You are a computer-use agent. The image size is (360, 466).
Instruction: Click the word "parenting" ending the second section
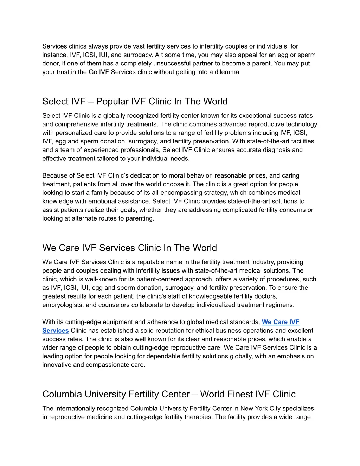140,218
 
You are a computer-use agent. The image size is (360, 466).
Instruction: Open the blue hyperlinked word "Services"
56,331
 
